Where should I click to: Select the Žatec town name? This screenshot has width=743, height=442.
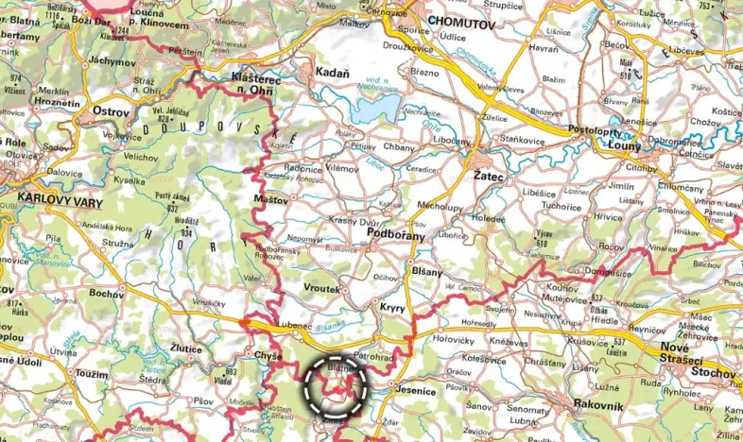tap(491, 177)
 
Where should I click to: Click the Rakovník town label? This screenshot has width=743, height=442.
tap(600, 403)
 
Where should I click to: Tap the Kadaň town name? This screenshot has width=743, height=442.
tap(331, 73)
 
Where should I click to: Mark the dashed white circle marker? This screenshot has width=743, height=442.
tap(334, 387)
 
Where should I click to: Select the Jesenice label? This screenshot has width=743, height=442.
tap(416, 389)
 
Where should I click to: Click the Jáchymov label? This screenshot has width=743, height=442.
tap(112, 61)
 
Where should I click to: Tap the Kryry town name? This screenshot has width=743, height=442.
tap(391, 309)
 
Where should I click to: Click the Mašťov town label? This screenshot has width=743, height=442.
tap(270, 200)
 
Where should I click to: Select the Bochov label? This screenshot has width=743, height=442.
tap(110, 294)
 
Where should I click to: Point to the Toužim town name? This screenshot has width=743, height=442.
tap(92, 374)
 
